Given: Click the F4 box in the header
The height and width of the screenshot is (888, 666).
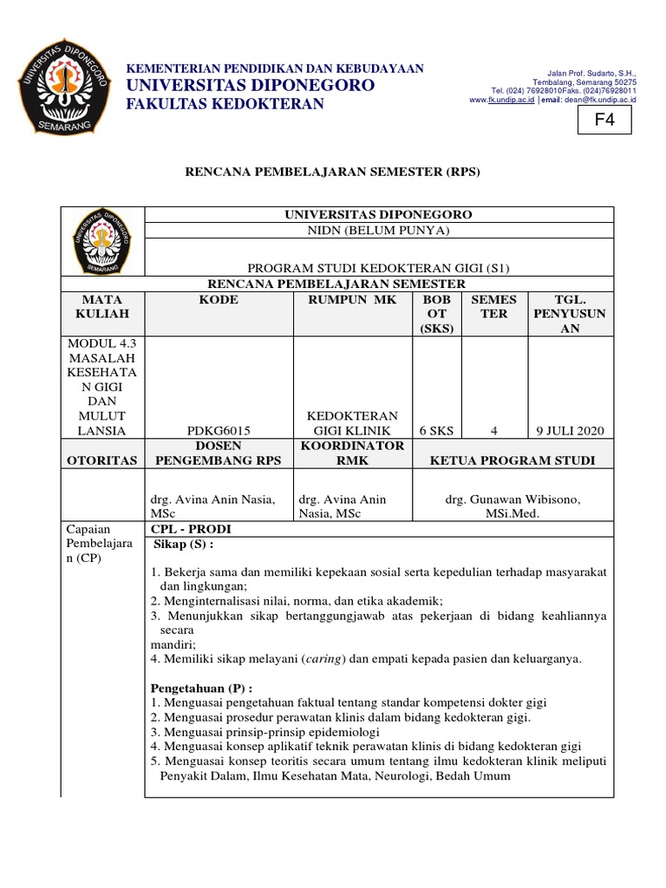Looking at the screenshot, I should coord(604,122).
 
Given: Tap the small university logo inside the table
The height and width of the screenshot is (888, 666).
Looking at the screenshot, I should coord(101,241).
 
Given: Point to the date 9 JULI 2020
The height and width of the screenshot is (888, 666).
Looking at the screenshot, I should coord(570,431).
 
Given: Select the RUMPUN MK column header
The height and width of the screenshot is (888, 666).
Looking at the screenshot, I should coord(351,300).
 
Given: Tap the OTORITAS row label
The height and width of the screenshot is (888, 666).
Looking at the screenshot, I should coord(102,460).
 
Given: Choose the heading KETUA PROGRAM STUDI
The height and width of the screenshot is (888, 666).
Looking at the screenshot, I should coord(513,460).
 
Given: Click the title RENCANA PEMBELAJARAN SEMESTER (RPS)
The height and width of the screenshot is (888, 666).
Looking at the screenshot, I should coord(333,172).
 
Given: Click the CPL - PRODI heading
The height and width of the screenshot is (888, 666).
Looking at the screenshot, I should coord(192,529).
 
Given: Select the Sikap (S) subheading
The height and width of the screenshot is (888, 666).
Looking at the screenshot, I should coord(183,544).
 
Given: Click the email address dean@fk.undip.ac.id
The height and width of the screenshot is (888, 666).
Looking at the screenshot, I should coord(600,100).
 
